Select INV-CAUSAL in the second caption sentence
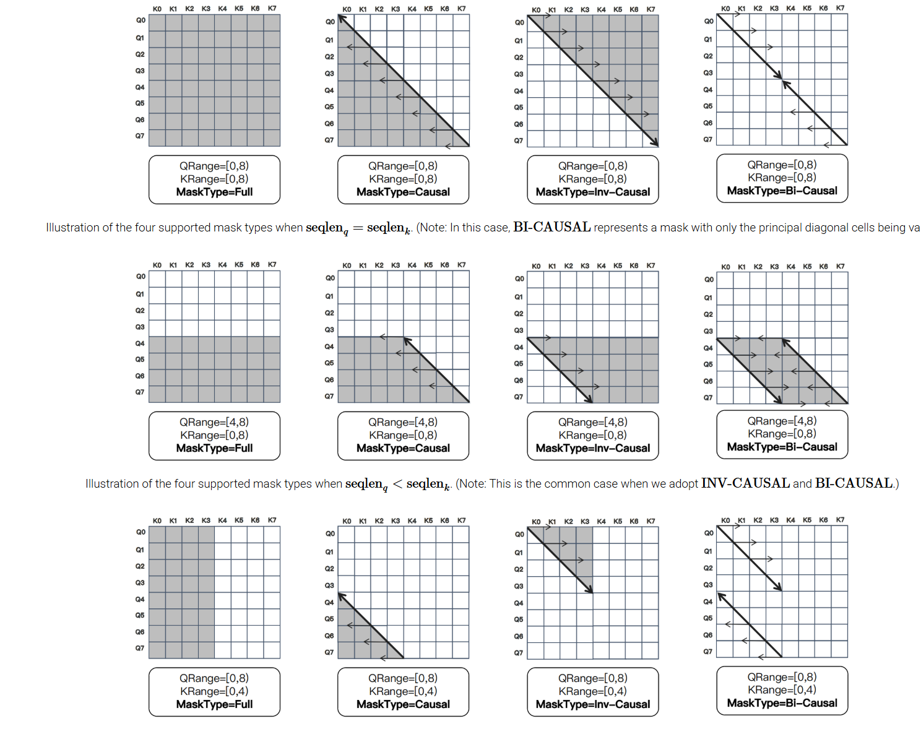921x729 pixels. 745,483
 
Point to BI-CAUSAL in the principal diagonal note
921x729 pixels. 551,227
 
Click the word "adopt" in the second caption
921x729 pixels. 683,484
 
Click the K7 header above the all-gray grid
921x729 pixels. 272,9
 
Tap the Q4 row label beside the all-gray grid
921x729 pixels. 140,87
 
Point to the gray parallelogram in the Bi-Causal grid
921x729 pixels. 782,371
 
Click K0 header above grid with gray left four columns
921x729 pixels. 157,520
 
